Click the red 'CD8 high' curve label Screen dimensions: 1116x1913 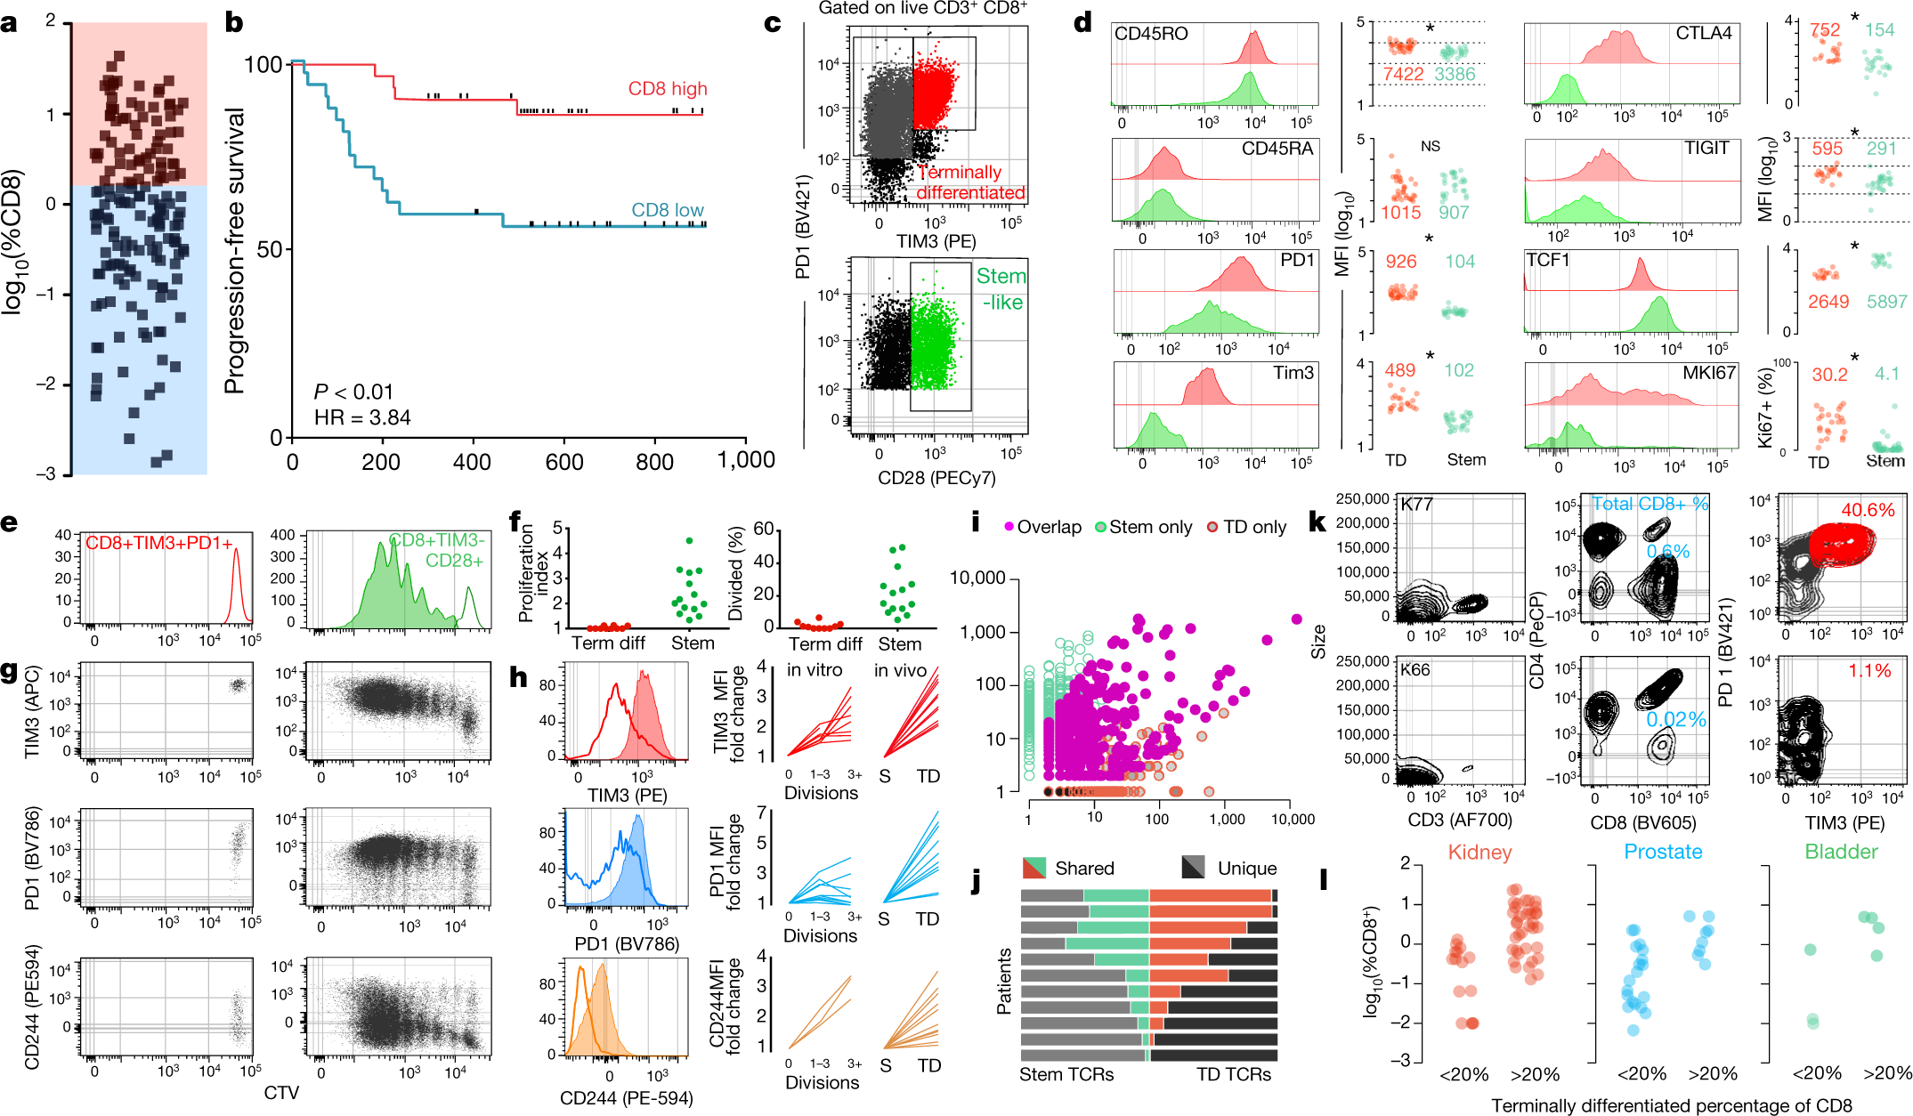[667, 89]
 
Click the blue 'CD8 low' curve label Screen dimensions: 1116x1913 [667, 210]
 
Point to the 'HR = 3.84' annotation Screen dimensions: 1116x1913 [362, 417]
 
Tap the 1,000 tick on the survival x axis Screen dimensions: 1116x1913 [746, 460]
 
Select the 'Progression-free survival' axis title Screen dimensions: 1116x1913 [234, 251]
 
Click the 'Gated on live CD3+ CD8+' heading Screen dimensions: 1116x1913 [922, 8]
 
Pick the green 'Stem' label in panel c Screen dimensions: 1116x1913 [1001, 277]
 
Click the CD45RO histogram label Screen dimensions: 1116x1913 [1151, 34]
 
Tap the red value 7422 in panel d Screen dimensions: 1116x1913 [1403, 74]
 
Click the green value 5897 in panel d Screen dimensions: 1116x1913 [1886, 302]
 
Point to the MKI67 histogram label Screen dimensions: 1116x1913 [1708, 373]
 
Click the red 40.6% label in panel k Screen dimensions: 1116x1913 [1868, 510]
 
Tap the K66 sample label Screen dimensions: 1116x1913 [1416, 669]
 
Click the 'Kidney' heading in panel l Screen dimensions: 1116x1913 [1479, 853]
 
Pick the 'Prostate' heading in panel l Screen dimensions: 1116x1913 [1663, 852]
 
